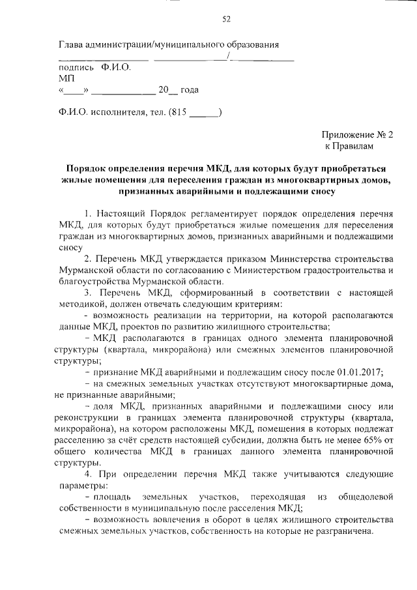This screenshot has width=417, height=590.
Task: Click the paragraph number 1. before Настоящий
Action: pos(89,214)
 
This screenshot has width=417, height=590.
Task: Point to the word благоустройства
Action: pos(92,282)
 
